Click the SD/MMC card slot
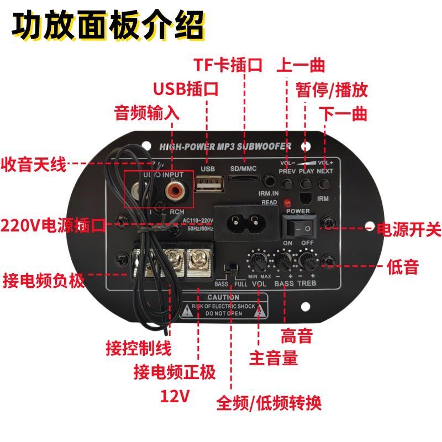[244, 179]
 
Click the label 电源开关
[409, 229]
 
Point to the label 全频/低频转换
[269, 402]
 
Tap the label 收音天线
[33, 164]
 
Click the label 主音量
[273, 358]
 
